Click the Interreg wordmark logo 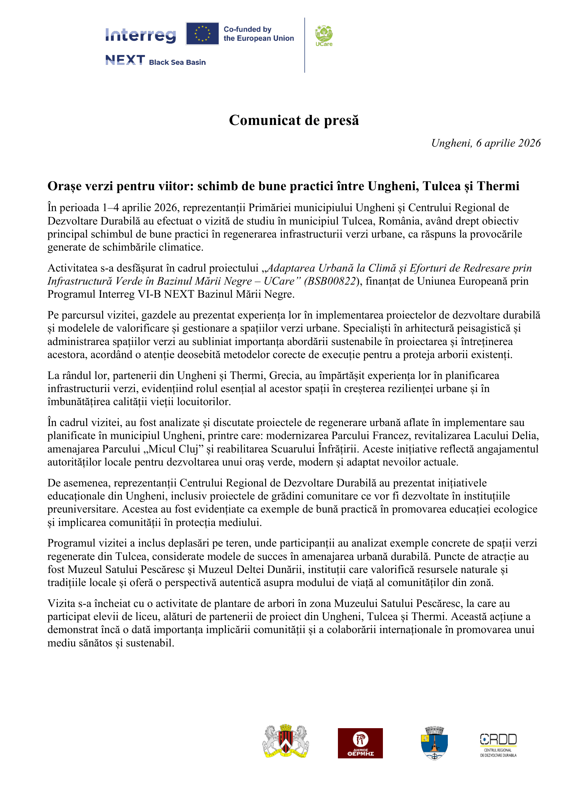pos(140,35)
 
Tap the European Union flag pos(202,34)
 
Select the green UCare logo pos(323,36)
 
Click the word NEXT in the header pos(125,60)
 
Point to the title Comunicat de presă pos(294,120)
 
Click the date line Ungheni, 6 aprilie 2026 pos(486,143)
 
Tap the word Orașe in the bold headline pos(65,186)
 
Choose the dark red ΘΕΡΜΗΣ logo pos(360,743)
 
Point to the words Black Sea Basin pos(177,62)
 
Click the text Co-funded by pos(247,30)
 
